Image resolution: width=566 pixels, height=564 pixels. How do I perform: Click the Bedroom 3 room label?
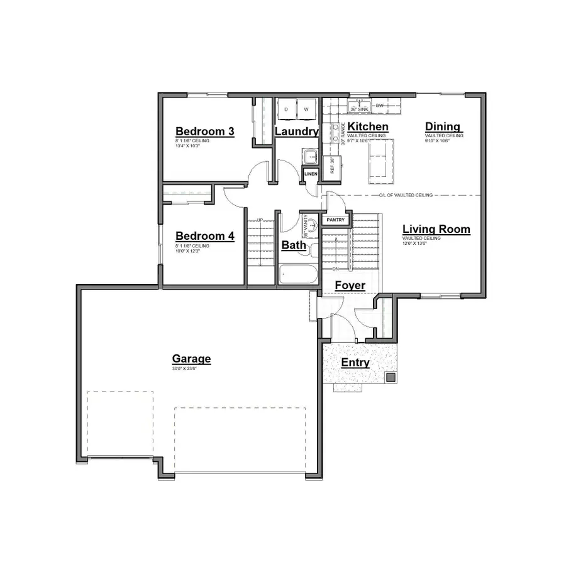[204, 132]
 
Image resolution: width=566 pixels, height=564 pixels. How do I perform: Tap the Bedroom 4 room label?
[204, 236]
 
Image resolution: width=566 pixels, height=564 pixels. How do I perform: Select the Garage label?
[191, 359]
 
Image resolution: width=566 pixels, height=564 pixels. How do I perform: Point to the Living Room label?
[436, 229]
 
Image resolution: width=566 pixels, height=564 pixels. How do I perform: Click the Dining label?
[443, 127]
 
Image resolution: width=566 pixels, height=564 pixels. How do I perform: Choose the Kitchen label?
[368, 127]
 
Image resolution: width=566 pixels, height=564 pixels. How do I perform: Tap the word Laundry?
[297, 132]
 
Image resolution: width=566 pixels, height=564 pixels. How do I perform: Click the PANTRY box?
[335, 220]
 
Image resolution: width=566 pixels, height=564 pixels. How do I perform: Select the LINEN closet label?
[311, 173]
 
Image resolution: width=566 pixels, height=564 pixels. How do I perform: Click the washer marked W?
[306, 109]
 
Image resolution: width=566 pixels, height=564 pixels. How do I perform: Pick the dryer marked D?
[286, 109]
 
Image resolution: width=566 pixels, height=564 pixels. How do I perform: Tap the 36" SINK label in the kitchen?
[359, 109]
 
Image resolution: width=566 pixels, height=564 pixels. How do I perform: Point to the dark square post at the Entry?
[390, 378]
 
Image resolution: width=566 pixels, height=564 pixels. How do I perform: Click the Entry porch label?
[355, 363]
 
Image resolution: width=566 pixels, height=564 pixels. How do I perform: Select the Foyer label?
[350, 286]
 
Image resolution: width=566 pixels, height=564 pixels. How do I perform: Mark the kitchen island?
[382, 158]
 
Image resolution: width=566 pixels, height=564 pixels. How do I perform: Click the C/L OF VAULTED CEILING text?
[406, 195]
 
